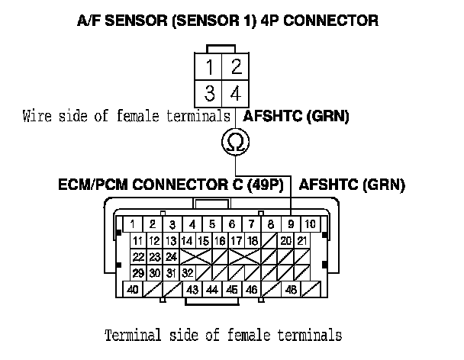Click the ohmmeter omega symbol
235,142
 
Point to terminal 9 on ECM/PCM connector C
291,224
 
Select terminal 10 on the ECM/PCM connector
311,224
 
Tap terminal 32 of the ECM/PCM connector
187,273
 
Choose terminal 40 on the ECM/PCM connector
134,290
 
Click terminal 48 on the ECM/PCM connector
291,290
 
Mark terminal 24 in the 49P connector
172,256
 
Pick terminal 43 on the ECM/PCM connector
192,290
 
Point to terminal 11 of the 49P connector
137,240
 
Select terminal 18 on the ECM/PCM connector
253,240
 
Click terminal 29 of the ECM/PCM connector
138,273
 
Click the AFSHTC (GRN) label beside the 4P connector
295,117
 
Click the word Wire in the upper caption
37,117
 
